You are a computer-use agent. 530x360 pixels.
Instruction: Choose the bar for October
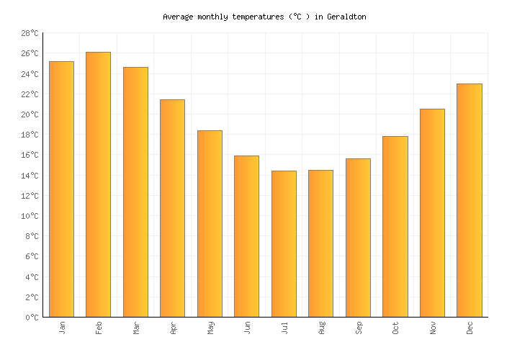(x=395, y=226)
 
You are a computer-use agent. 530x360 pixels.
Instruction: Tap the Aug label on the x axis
(x=322, y=328)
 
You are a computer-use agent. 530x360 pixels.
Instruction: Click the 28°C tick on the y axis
(x=30, y=33)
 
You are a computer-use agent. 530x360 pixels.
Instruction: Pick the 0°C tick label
(x=32, y=318)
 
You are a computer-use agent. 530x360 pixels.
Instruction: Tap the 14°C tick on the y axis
(x=30, y=176)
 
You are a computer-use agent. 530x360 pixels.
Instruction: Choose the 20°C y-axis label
(x=30, y=114)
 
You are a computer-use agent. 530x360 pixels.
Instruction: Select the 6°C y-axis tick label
(x=32, y=256)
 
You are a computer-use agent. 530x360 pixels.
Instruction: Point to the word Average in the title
(x=178, y=17)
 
